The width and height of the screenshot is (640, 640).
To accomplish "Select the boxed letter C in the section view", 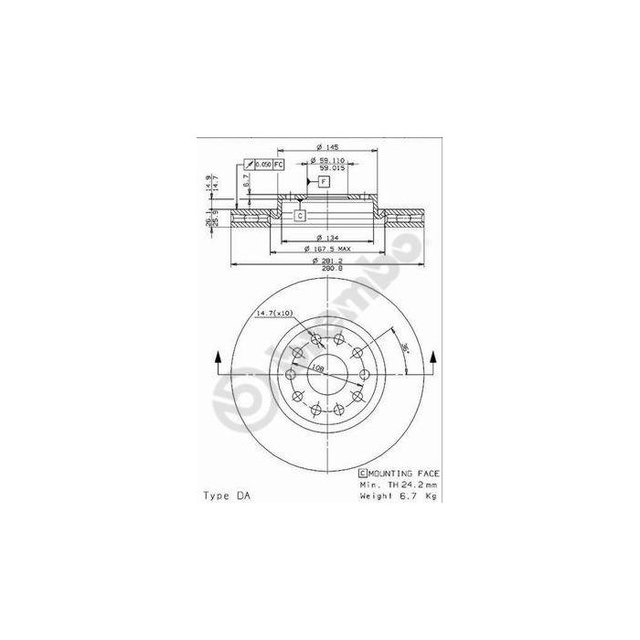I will [x=299, y=216].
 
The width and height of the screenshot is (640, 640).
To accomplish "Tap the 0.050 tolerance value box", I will [x=262, y=164].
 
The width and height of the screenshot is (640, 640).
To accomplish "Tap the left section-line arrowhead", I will [x=217, y=357].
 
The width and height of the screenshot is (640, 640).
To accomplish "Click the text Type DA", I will [x=225, y=496].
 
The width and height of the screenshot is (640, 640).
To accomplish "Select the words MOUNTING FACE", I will [x=403, y=473].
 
